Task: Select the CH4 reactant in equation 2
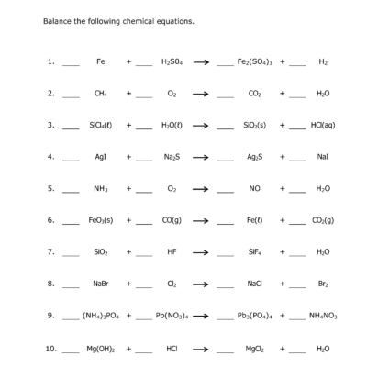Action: (101, 93)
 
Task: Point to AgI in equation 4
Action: (101, 157)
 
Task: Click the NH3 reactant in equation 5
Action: (101, 189)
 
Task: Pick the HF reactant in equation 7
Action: (172, 252)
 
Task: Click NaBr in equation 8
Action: (101, 284)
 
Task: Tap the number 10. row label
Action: (51, 349)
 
